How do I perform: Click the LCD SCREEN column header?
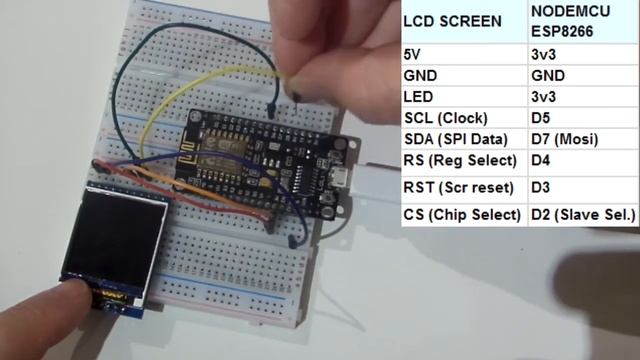452,21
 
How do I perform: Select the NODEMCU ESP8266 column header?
569,21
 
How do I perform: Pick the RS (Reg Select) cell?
459,161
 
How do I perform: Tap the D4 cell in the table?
541,161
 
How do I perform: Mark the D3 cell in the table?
541,188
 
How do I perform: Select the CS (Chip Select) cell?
462,214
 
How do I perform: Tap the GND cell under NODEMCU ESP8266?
548,76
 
